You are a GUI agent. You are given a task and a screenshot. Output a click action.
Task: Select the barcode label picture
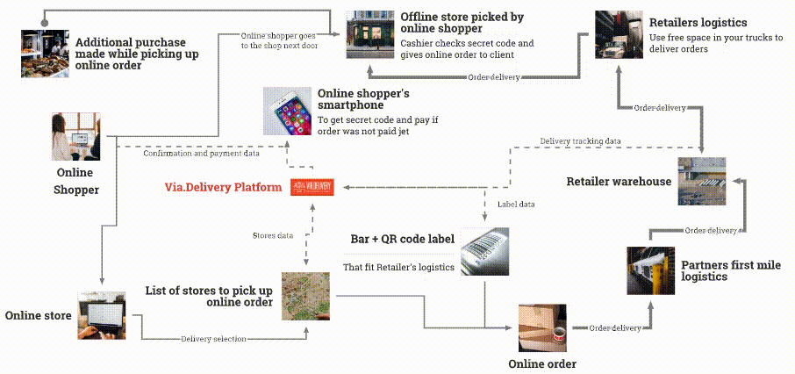click(x=485, y=251)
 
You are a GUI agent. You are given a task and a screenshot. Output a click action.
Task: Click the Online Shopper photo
click(x=76, y=137)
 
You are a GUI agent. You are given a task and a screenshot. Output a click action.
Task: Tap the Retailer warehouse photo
click(x=701, y=181)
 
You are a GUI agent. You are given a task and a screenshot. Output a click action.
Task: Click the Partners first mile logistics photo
click(x=650, y=270)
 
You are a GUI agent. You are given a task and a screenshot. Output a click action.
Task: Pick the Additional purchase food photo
click(x=45, y=54)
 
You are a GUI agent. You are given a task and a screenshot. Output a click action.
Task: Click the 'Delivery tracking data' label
click(x=580, y=141)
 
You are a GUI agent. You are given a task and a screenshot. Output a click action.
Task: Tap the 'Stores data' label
click(x=273, y=236)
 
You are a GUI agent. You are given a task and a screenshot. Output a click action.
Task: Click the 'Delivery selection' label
click(x=213, y=338)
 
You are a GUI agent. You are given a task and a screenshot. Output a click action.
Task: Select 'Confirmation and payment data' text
click(x=200, y=154)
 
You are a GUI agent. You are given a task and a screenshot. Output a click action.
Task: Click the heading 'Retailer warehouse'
click(x=619, y=182)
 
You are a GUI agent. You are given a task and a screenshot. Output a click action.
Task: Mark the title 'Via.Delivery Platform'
click(x=224, y=187)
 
